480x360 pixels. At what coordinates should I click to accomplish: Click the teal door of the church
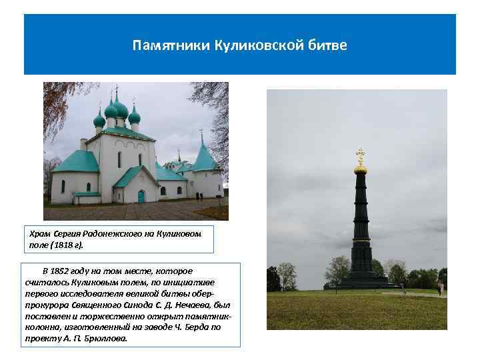(141, 196)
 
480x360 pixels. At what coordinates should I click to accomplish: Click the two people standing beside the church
(199, 196)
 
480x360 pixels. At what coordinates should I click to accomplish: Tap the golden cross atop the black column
(361, 156)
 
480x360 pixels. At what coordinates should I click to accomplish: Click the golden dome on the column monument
(361, 169)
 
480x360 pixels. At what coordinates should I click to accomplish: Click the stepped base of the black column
(361, 280)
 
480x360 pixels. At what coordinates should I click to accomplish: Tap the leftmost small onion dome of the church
(99, 120)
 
